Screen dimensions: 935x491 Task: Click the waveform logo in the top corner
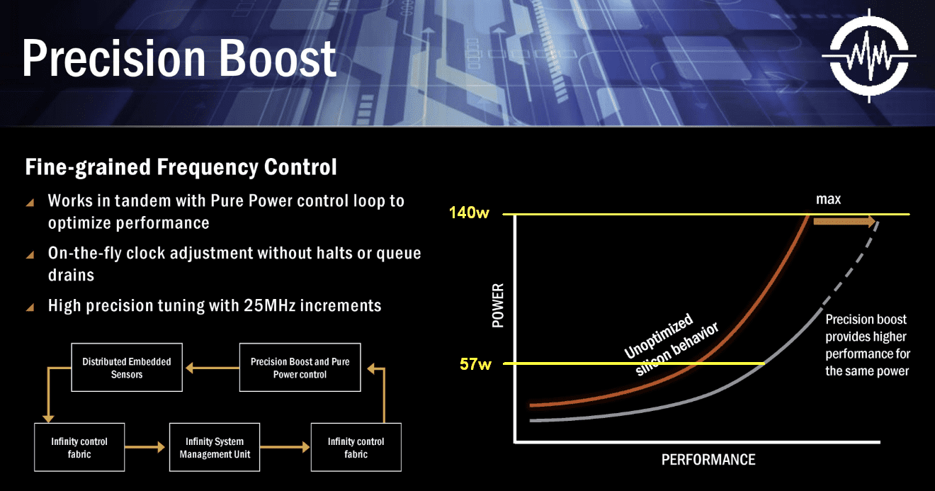pyautogui.click(x=869, y=55)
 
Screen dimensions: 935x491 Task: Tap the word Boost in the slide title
pyautogui.click(x=278, y=57)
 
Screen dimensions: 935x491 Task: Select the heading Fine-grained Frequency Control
pyautogui.click(x=181, y=167)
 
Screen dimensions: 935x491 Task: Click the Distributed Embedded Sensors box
pyautogui.click(x=127, y=368)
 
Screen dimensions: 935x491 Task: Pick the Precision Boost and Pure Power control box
pyautogui.click(x=300, y=368)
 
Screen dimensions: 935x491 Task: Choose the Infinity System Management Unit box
pyautogui.click(x=215, y=447)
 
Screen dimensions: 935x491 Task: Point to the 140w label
pyautogui.click(x=469, y=213)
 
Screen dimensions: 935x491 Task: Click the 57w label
pyautogui.click(x=475, y=364)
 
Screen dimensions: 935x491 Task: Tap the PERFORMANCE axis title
pyautogui.click(x=708, y=460)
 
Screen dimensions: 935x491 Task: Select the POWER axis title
pyautogui.click(x=498, y=305)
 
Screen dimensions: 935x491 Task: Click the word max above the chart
pyautogui.click(x=828, y=199)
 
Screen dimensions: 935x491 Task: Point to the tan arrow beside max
pyautogui.click(x=844, y=221)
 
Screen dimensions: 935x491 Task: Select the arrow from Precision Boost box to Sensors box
pyautogui.click(x=212, y=368)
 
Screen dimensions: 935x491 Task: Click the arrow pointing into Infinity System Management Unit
pyautogui.click(x=144, y=447)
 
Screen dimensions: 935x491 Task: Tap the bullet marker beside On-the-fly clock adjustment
pyautogui.click(x=30, y=254)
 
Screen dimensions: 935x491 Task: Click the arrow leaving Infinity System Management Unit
pyautogui.click(x=285, y=447)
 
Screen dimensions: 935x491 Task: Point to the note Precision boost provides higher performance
pyautogui.click(x=868, y=345)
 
